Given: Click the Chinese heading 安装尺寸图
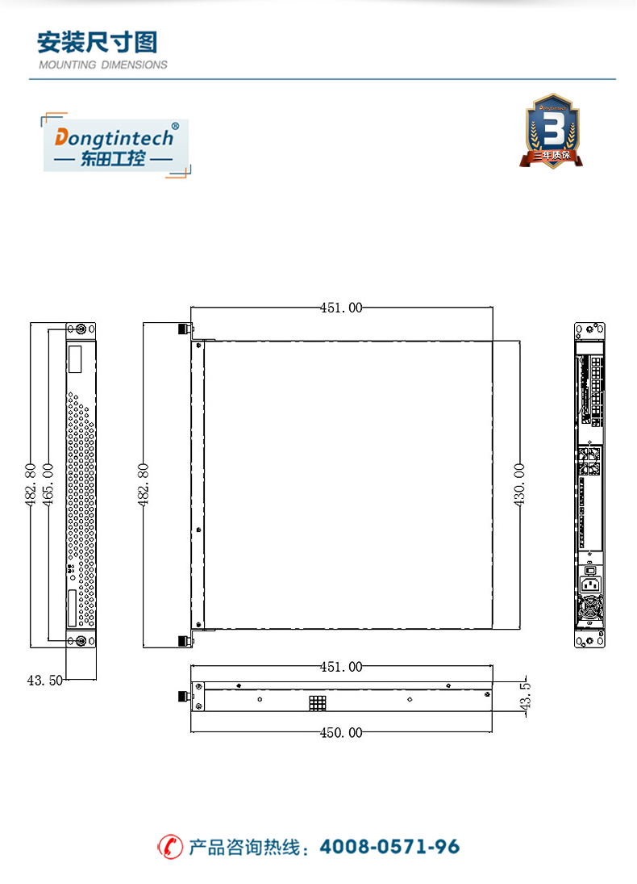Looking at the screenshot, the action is tap(98, 42).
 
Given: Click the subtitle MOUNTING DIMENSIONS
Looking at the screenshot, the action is tap(103, 65).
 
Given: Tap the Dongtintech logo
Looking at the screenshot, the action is tap(115, 145).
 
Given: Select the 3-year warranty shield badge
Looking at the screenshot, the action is tap(552, 131).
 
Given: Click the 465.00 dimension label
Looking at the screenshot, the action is tap(48, 484).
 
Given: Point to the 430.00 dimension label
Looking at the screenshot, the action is tap(519, 484).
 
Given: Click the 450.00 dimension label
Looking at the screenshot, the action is tap(341, 732).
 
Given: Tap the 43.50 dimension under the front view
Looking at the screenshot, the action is tap(45, 681).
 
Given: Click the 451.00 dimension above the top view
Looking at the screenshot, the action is tap(341, 308).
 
